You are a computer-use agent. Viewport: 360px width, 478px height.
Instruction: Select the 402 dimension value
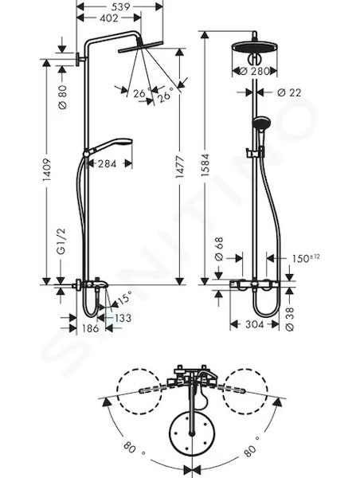tap(108, 18)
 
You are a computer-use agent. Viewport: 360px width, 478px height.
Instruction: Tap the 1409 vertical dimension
tap(46, 170)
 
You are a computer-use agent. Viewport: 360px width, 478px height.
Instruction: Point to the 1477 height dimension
tap(180, 167)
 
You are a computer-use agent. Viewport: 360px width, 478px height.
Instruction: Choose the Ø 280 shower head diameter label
tap(255, 72)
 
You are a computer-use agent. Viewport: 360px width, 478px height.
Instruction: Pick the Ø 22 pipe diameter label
tap(289, 92)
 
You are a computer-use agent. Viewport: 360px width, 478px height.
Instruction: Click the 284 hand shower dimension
tap(108, 164)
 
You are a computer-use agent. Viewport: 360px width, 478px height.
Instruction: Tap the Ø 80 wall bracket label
tap(62, 97)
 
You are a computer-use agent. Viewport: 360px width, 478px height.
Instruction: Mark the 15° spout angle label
tap(124, 297)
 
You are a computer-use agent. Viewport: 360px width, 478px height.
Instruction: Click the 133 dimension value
tap(123, 318)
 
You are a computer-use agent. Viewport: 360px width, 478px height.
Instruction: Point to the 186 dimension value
tap(91, 328)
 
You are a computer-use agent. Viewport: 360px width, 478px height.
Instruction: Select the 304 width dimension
tap(254, 324)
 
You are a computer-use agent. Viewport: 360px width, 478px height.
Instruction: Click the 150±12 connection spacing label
tap(306, 258)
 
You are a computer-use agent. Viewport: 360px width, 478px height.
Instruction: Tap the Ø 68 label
tap(219, 249)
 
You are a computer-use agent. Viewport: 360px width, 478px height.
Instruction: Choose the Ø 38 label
tap(290, 319)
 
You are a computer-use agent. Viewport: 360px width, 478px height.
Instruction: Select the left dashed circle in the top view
tap(139, 391)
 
